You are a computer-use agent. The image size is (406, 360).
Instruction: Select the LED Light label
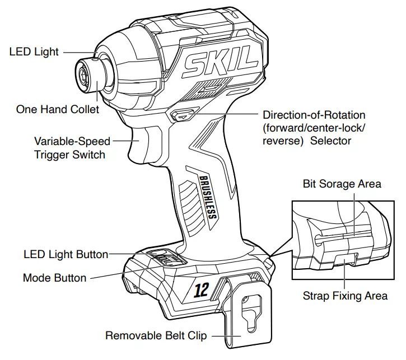(34, 52)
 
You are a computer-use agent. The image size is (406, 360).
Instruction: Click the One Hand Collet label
(58, 109)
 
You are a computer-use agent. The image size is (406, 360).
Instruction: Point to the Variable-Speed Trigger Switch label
(72, 147)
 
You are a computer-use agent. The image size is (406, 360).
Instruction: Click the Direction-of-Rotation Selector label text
(314, 128)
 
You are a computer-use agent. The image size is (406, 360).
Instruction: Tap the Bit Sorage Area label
(342, 184)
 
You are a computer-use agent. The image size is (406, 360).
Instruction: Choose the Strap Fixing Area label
(345, 296)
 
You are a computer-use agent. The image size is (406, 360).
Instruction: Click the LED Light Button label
(66, 254)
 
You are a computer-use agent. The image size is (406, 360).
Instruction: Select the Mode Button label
(55, 278)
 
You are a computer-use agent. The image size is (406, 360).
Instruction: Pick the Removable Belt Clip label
(156, 336)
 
